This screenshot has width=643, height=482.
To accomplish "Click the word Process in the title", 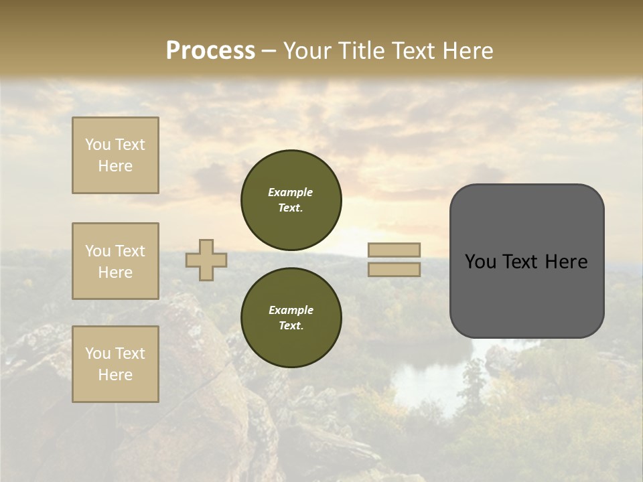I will pyautogui.click(x=210, y=51).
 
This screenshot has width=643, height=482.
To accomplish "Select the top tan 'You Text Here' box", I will pyautogui.click(x=115, y=155).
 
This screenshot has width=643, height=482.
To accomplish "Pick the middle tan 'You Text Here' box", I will pyautogui.click(x=115, y=261).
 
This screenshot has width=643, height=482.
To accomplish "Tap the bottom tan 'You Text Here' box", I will pyautogui.click(x=115, y=364).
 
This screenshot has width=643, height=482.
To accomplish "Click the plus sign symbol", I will pyautogui.click(x=206, y=260).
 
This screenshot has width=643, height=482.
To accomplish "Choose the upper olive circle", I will pyautogui.click(x=291, y=199).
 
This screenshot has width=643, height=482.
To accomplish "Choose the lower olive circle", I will pyautogui.click(x=291, y=317).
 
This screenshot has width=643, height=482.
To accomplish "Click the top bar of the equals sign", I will pyautogui.click(x=394, y=250).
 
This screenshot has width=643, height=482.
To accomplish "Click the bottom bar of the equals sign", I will pyautogui.click(x=394, y=269).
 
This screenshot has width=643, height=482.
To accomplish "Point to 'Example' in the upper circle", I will pyautogui.click(x=291, y=192).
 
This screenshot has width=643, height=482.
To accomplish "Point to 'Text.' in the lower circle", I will pyautogui.click(x=291, y=325).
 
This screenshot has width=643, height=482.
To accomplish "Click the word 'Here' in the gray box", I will pyautogui.click(x=567, y=262).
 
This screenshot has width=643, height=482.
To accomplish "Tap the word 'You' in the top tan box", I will pyautogui.click(x=97, y=145).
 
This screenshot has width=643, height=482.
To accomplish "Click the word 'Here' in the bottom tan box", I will pyautogui.click(x=115, y=375).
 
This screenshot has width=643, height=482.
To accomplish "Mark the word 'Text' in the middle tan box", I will pyautogui.click(x=129, y=251).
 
